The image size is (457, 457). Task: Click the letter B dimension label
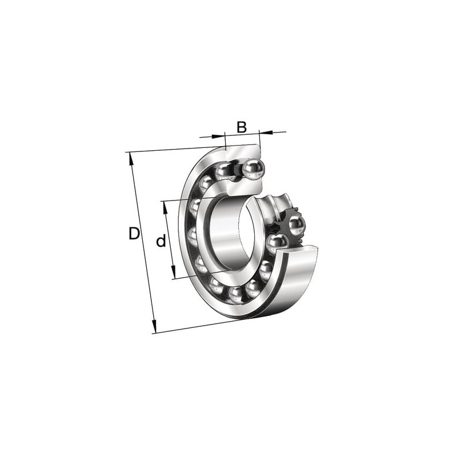point(241,127)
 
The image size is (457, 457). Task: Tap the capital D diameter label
point(134,234)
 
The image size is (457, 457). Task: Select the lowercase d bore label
point(161,240)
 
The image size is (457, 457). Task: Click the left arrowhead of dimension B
point(219,136)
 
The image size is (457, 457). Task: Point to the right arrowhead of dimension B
point(266,133)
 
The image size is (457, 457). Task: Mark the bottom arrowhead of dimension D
point(154,326)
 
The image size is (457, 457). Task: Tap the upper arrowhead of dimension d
point(166,208)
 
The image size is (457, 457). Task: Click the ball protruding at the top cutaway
point(253,168)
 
